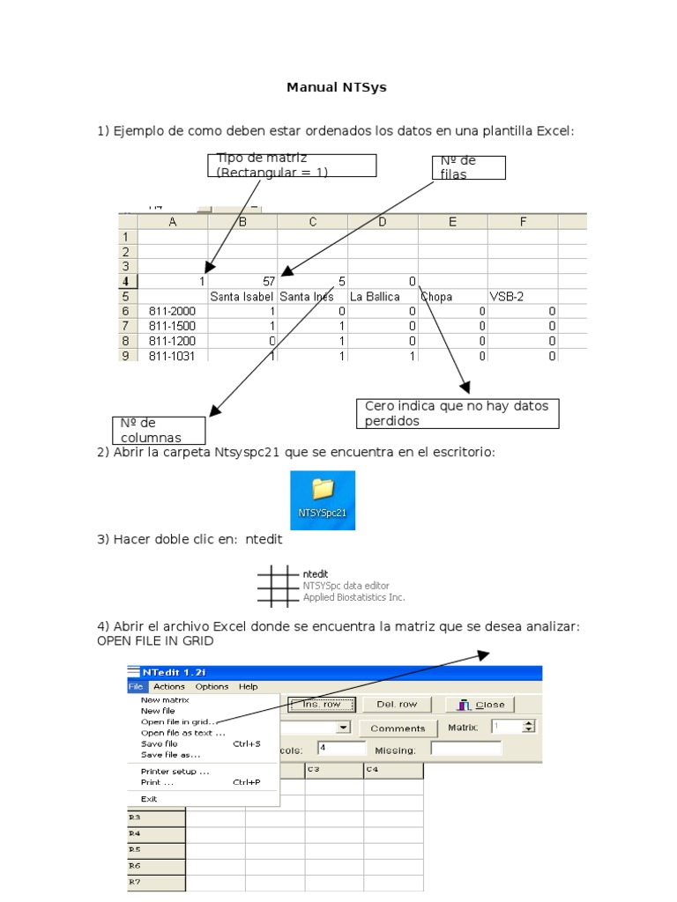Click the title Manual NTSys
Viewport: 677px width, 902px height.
point(337,87)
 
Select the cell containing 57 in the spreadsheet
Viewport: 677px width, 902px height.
point(242,282)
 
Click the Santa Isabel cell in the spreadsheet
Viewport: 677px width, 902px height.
point(242,297)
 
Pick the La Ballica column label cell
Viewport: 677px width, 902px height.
point(383,297)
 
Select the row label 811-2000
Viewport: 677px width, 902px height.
point(173,311)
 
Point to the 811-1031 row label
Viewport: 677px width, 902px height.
point(173,356)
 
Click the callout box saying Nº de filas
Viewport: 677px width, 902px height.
point(468,167)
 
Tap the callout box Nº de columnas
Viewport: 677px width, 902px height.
point(159,430)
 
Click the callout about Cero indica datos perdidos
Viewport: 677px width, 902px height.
point(458,413)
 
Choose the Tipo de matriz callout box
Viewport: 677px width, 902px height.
point(292,166)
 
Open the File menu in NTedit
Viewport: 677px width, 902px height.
point(136,686)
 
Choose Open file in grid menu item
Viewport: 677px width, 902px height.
point(179,721)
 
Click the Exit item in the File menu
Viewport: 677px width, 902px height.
point(149,799)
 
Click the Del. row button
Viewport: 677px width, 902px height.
point(397,704)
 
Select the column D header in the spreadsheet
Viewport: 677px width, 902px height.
point(383,223)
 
